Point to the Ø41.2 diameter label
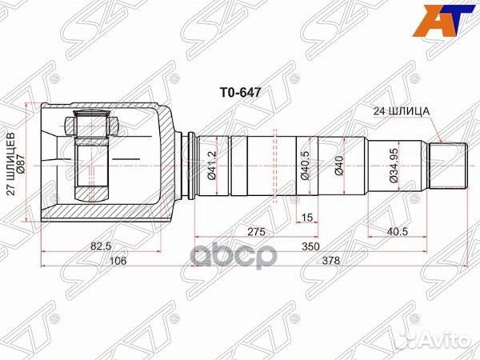[213, 165]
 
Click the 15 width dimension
[307, 216]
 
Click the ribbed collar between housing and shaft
[188, 164]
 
